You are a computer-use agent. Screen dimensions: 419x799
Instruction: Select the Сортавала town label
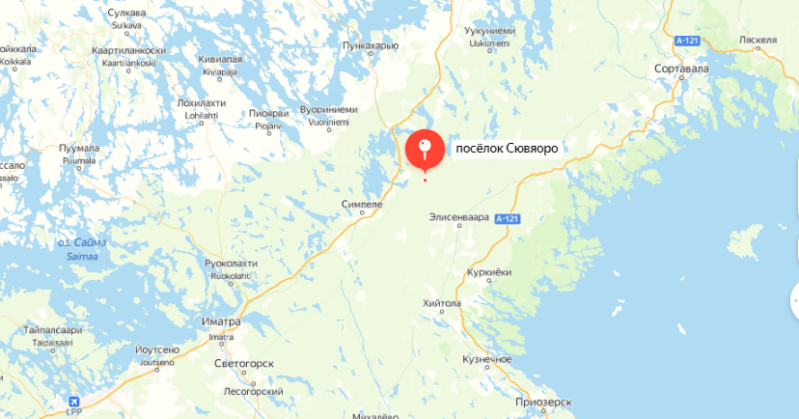point(681,69)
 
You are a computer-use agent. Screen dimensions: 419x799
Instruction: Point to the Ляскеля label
point(758,41)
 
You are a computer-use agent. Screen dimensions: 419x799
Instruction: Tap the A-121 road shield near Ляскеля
point(687,40)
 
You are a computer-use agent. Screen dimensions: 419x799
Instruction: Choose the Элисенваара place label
point(459,217)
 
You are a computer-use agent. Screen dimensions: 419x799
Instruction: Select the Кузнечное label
point(486,359)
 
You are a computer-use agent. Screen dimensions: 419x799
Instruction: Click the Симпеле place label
point(363,205)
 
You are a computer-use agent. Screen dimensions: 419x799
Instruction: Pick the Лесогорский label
point(252,392)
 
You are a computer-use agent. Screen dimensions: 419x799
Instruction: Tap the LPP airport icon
point(75,402)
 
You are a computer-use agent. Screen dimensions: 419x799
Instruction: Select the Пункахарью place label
point(372,44)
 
